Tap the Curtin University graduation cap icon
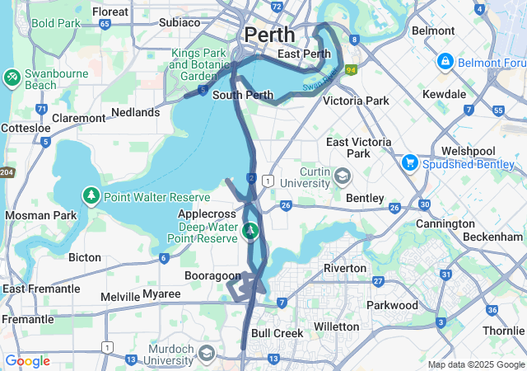[x=343, y=175]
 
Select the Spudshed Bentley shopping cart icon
[x=409, y=163]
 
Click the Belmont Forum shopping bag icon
[x=445, y=62]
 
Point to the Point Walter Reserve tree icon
[x=91, y=196]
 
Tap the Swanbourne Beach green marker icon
[x=12, y=77]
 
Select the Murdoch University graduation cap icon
[x=206, y=354]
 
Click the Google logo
[x=27, y=361]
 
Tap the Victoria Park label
[x=356, y=101]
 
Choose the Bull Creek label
[x=277, y=333]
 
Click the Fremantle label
[x=27, y=319]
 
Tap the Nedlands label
[x=135, y=112]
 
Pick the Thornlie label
[x=502, y=331]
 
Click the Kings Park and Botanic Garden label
[x=198, y=64]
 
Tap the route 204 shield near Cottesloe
[x=6, y=171]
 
